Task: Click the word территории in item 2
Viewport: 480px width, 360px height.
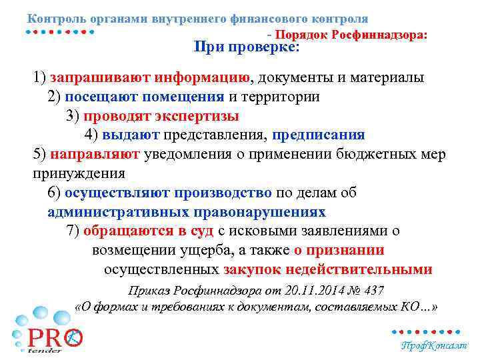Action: pos(279,97)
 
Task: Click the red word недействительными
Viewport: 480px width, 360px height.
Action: pos(359,270)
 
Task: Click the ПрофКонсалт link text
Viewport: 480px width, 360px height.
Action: pos(433,346)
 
